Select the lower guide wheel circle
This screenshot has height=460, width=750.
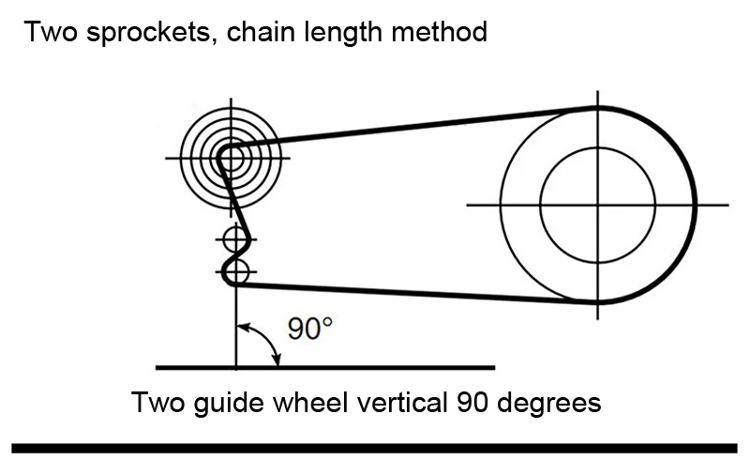[235, 272]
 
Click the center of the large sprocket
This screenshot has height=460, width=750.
[597, 205]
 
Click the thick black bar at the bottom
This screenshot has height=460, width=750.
[375, 447]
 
